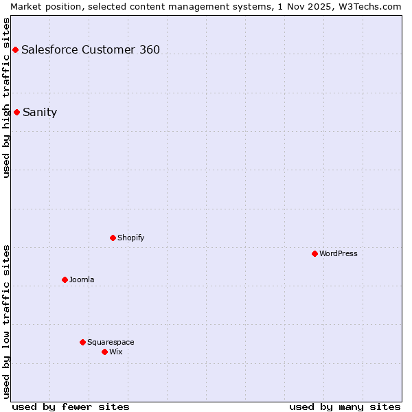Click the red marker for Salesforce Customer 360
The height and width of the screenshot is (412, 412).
[15, 49]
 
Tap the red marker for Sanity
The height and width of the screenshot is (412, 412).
[16, 112]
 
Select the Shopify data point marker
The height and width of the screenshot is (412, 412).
[113, 238]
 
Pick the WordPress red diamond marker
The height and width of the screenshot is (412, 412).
[314, 253]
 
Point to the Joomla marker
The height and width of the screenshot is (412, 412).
[65, 279]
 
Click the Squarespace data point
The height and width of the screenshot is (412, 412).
[82, 342]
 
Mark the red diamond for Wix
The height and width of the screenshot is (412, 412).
[104, 352]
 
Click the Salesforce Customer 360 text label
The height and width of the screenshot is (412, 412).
[91, 49]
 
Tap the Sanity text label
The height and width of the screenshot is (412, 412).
[40, 113]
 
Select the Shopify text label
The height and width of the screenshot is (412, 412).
[130, 238]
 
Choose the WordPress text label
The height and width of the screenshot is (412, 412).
[338, 253]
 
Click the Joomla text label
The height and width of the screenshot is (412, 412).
[82, 279]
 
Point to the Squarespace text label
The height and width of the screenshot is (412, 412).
[111, 342]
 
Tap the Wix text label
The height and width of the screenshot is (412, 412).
[115, 352]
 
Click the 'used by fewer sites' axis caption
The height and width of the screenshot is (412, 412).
[71, 407]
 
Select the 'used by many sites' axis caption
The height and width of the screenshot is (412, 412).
[345, 407]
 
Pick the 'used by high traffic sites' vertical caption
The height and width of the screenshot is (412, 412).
[6, 98]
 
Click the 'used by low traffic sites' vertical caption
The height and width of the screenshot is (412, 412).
[6, 321]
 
